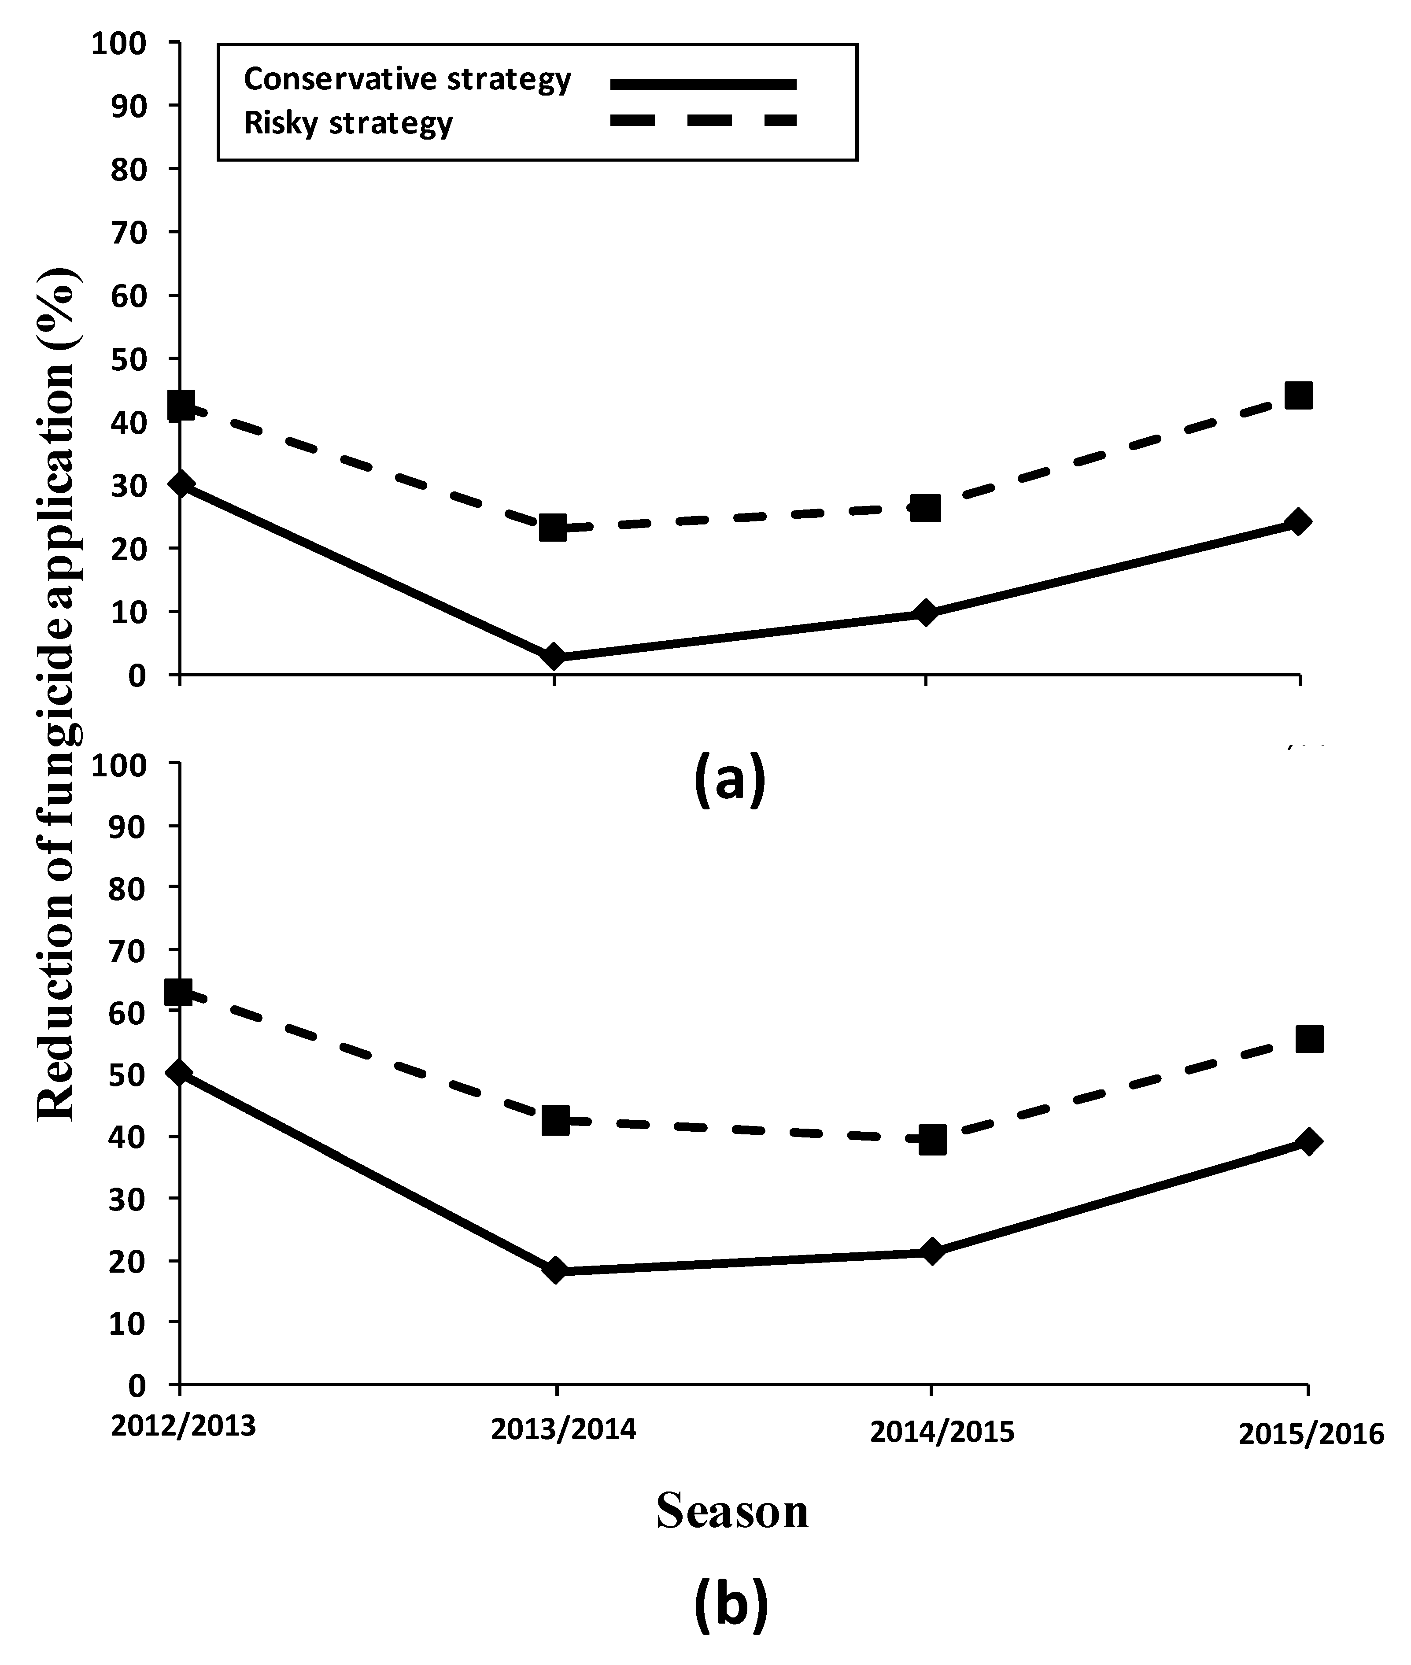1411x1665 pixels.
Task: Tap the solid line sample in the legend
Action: (x=703, y=83)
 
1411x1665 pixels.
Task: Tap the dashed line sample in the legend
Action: (x=703, y=121)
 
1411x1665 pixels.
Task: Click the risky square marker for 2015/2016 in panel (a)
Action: (x=1297, y=395)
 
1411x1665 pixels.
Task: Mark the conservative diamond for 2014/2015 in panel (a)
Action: (x=925, y=613)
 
